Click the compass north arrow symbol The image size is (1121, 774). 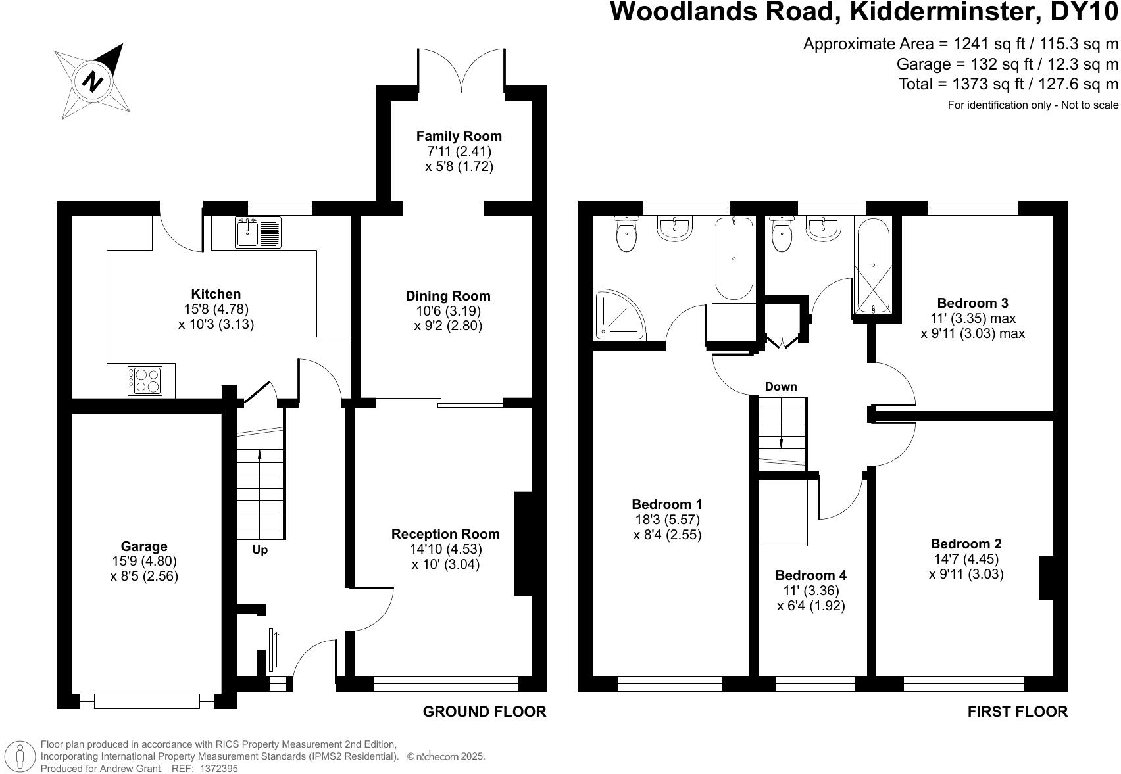[x=93, y=82]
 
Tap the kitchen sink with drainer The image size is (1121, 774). [x=258, y=232]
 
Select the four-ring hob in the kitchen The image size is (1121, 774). [x=145, y=381]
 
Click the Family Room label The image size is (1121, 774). [x=459, y=136]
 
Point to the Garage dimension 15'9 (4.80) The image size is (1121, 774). [x=144, y=561]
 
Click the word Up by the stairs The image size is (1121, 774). [x=260, y=550]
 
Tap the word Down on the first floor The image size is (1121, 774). [x=781, y=387]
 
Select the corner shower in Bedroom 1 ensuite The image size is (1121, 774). [x=618, y=316]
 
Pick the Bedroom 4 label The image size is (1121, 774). [x=810, y=575]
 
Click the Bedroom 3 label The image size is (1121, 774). [x=972, y=303]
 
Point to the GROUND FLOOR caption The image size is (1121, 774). [x=484, y=712]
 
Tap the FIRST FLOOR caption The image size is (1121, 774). [x=1017, y=712]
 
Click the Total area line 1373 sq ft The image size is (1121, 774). [x=1008, y=84]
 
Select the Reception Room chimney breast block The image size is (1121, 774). [x=524, y=544]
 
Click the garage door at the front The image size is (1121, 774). [x=147, y=701]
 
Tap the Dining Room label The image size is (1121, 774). [x=448, y=296]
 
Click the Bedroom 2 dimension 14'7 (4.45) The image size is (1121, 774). [x=966, y=559]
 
